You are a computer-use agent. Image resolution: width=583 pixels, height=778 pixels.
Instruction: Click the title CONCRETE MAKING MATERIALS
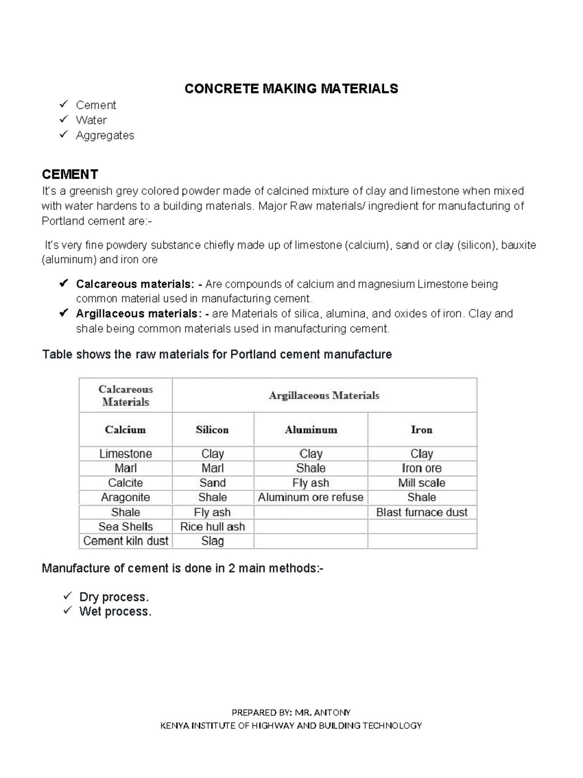[x=291, y=89]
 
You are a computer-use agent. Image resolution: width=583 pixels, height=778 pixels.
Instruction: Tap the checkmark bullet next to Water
[x=63, y=119]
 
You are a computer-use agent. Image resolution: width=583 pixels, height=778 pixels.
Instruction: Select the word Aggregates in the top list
[x=105, y=135]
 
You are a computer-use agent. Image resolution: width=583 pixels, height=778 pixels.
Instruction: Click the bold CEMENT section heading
[x=70, y=174]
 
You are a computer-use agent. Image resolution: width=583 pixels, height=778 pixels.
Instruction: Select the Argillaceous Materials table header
[x=324, y=395]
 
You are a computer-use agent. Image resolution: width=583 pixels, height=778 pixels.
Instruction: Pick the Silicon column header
[x=212, y=430]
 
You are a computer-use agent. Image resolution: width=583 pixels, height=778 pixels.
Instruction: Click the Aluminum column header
[x=311, y=430]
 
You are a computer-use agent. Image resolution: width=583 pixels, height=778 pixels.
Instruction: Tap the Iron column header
[x=421, y=430]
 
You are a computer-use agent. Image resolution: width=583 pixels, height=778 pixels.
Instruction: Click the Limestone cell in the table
[x=125, y=454]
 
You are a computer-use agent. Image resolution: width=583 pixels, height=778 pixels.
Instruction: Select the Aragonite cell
[x=125, y=497]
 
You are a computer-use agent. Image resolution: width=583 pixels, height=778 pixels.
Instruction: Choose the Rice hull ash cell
[x=212, y=526]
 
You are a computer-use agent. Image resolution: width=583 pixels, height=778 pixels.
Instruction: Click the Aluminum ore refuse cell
[x=310, y=497]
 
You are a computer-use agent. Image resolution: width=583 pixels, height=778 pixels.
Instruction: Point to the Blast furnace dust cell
[x=422, y=512]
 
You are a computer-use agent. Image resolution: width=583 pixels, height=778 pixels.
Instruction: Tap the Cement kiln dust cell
[x=125, y=541]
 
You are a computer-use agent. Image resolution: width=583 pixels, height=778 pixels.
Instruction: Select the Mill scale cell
[x=422, y=483]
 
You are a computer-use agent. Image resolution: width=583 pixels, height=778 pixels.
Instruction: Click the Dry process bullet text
[x=114, y=597]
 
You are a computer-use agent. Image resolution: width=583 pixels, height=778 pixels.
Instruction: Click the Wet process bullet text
[x=116, y=611]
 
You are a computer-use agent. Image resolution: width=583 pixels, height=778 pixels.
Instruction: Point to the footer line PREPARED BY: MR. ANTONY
[x=291, y=712]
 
